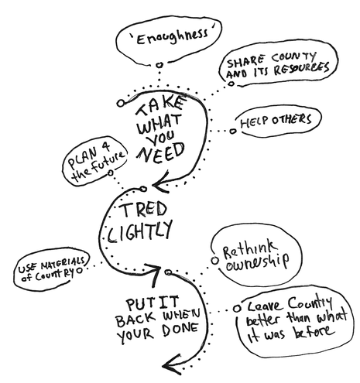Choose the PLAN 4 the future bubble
[91, 157]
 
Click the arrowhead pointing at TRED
[156, 184]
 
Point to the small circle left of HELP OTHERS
[233, 131]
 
